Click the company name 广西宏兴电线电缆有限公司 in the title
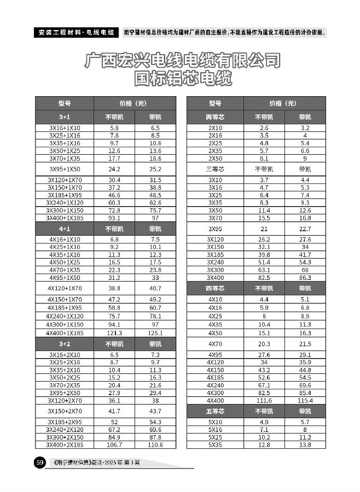183,61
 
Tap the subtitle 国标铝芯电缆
183,80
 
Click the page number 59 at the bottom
40,463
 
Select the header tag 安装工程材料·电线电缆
76,32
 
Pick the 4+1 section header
65,229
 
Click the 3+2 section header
65,344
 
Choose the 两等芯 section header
215,117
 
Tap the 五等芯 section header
215,411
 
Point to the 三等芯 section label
215,169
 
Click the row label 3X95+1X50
65,169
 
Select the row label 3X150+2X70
65,411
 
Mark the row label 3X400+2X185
65,445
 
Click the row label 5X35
215,445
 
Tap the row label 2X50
215,159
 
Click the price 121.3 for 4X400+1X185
114,333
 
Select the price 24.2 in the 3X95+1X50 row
114,169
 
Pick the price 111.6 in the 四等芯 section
264,401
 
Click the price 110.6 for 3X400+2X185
155,445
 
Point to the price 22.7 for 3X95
305,229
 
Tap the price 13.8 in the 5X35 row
305,445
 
